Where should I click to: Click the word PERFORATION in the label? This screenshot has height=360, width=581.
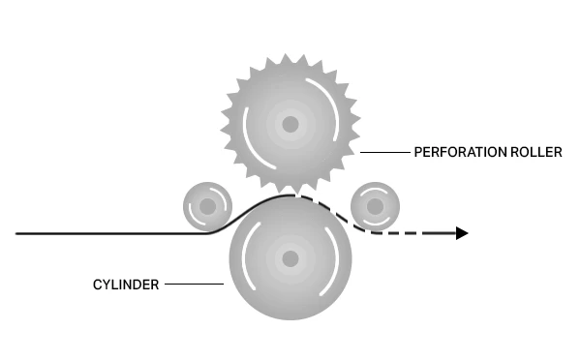click(x=460, y=152)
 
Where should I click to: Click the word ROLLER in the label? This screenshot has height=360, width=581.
click(x=536, y=152)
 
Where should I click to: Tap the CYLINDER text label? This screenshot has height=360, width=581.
click(x=126, y=285)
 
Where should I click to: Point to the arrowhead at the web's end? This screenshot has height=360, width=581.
click(x=462, y=233)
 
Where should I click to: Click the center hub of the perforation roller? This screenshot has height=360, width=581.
click(x=290, y=124)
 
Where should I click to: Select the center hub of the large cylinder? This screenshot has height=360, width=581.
click(x=290, y=259)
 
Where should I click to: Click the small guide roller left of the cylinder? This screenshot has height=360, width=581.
click(x=207, y=206)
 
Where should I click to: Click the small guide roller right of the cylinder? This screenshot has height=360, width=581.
click(x=375, y=206)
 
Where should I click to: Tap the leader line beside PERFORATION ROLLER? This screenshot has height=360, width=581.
click(x=385, y=152)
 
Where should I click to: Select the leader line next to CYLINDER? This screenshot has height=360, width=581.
click(x=194, y=285)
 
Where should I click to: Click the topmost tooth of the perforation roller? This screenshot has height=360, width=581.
click(x=286, y=58)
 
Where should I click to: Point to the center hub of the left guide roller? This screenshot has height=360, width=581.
click(x=207, y=206)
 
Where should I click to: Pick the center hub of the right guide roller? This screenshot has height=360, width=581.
click(x=375, y=206)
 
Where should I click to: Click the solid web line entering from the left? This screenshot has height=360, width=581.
click(x=111, y=233)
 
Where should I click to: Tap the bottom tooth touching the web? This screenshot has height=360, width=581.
click(x=295, y=191)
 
